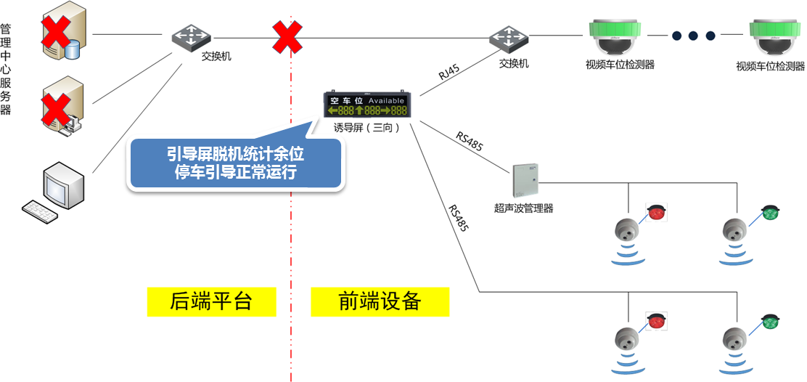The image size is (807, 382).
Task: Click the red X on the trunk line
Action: (287, 36)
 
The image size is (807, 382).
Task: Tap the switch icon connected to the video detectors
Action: (508, 38)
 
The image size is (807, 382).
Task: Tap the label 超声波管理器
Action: (523, 208)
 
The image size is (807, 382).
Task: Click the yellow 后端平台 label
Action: (211, 301)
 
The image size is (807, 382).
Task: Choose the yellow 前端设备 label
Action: (380, 301)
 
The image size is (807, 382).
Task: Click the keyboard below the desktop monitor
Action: (49, 211)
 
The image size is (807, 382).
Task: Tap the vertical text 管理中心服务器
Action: (6, 70)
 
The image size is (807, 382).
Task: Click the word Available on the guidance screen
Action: (386, 100)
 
